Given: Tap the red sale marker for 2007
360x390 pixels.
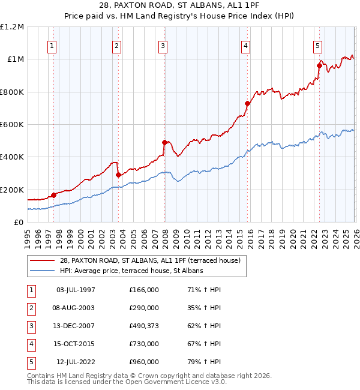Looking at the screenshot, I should point(164,143).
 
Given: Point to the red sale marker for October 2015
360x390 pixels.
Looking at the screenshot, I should point(247,103).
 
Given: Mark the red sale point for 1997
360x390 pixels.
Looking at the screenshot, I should point(54,195).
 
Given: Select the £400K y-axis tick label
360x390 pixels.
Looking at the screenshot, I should point(13,157).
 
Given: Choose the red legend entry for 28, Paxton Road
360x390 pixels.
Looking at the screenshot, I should point(150,260).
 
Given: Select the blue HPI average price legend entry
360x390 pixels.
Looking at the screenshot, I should point(131,271).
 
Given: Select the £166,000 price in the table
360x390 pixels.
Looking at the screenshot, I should point(143,290).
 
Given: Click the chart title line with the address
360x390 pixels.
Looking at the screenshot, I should point(180,6).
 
